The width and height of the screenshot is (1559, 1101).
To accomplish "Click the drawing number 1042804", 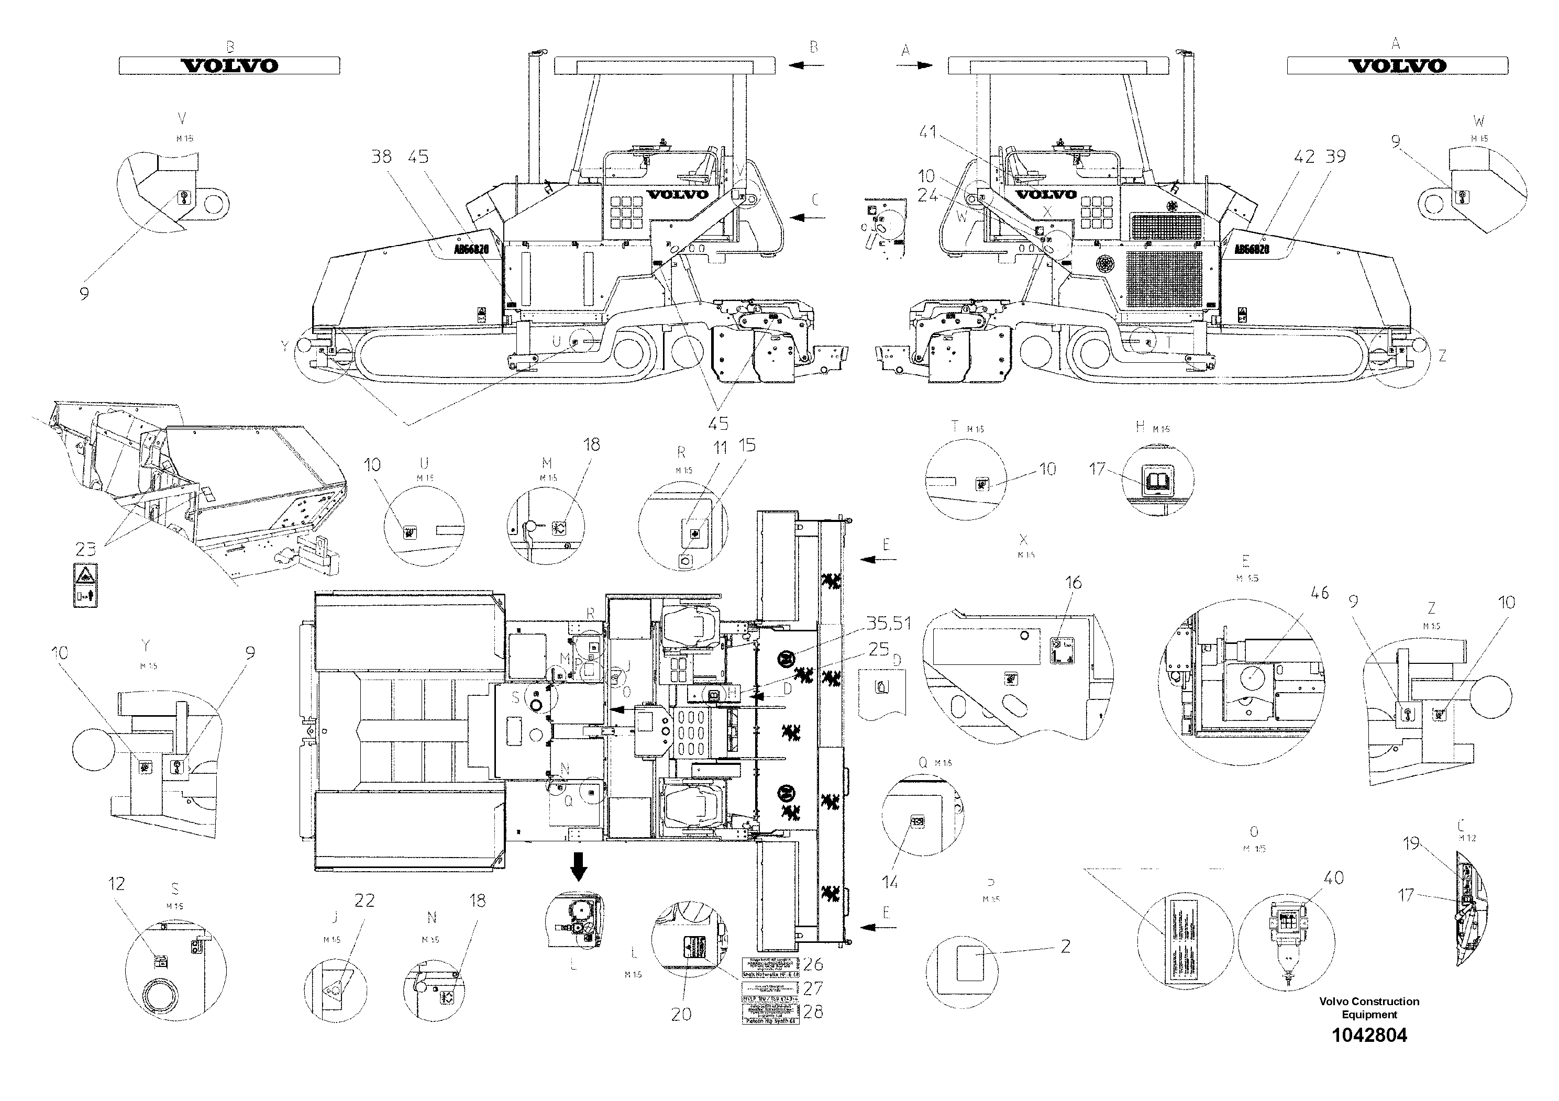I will [1369, 1035].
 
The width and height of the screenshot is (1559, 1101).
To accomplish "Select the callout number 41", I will [928, 132].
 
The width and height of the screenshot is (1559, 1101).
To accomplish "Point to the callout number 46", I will [1319, 593].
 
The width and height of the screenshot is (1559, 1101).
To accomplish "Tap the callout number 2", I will [1065, 946].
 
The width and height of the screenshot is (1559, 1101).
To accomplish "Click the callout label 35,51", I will [889, 623].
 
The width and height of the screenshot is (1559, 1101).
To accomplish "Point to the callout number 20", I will [681, 1014].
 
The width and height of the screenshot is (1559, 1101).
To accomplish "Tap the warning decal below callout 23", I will [85, 584].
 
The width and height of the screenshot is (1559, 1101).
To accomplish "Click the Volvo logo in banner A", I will [1397, 66].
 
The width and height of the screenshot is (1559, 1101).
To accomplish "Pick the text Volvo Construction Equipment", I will [1369, 1007].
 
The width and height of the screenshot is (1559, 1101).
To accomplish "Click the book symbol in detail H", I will [1154, 481].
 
